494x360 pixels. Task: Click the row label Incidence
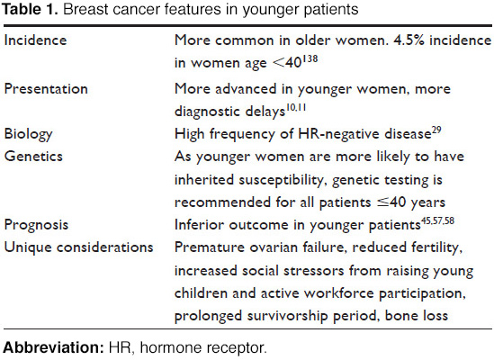click(x=35, y=40)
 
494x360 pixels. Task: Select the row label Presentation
click(x=46, y=88)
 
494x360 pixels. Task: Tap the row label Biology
click(x=28, y=135)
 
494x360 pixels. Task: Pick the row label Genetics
click(x=33, y=157)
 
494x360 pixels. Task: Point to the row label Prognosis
click(x=36, y=225)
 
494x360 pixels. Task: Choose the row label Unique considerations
click(x=78, y=247)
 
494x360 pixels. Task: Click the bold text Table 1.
click(x=30, y=10)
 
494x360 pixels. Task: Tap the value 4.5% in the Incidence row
click(x=409, y=40)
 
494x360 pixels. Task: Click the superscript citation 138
click(x=310, y=58)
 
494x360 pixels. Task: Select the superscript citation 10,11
click(x=296, y=107)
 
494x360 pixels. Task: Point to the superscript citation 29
click(x=436, y=130)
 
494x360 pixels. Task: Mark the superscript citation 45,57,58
click(x=437, y=221)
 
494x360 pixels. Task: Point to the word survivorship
click(x=287, y=316)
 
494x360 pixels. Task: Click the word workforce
click(x=339, y=293)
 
